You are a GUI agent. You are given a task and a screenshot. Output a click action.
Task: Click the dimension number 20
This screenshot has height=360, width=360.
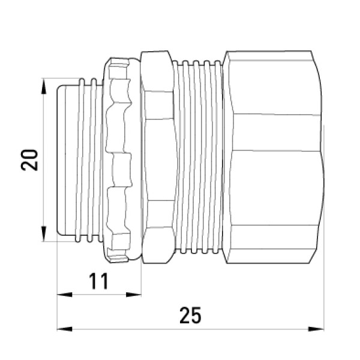29,160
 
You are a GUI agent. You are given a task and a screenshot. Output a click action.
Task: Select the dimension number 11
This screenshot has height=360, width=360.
98,281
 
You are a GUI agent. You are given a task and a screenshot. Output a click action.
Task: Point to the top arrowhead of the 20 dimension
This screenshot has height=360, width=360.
43,86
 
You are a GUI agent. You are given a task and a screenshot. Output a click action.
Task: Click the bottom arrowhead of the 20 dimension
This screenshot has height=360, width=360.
43,234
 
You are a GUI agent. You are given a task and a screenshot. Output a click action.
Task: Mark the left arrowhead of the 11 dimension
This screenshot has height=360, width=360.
65,295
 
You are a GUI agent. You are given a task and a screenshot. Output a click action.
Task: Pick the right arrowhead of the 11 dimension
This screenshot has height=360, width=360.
134,295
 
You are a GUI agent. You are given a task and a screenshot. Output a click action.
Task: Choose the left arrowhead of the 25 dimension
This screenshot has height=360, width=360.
65,329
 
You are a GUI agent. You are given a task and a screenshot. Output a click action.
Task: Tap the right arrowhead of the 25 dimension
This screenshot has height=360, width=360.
316,329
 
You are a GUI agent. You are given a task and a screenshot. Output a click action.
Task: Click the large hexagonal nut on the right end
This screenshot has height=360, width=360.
273,157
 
